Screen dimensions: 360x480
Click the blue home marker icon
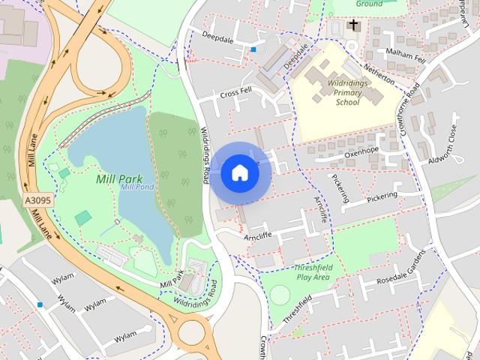[x=239, y=172]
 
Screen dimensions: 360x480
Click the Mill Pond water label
[x=137, y=187]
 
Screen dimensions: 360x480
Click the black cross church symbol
[x=353, y=26]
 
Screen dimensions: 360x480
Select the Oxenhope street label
[x=363, y=151]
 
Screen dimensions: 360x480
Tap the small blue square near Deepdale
[x=253, y=50]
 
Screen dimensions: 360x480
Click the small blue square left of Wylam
[x=40, y=305]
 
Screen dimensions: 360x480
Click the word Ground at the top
[x=369, y=4]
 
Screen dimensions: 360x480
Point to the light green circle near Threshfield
[x=279, y=295]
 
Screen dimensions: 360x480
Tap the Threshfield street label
[x=297, y=310]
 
